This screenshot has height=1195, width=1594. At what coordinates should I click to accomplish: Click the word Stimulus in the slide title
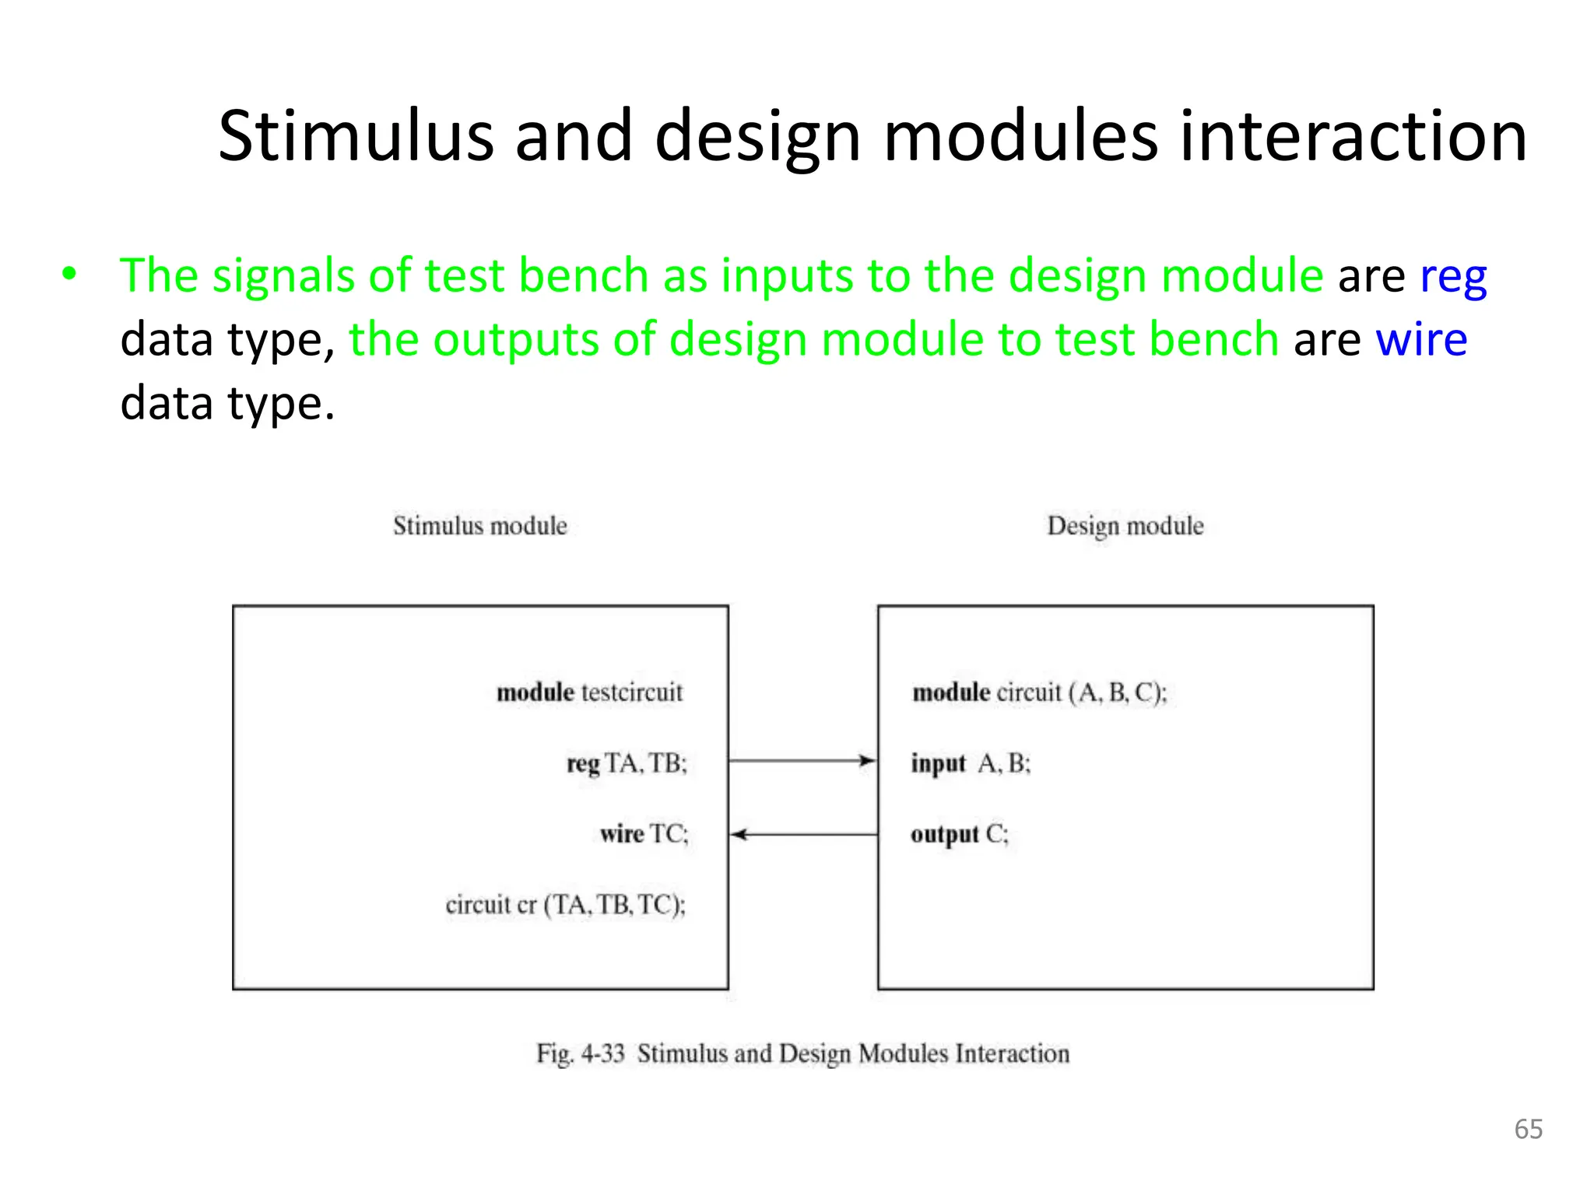click(356, 137)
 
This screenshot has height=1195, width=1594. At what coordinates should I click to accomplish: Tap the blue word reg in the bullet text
click(1453, 278)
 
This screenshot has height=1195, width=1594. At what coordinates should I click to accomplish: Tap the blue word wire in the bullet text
click(1421, 340)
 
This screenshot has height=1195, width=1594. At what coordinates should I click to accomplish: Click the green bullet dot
click(70, 274)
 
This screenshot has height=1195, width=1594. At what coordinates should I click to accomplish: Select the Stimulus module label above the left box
click(479, 526)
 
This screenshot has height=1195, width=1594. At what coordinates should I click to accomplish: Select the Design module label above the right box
click(1125, 526)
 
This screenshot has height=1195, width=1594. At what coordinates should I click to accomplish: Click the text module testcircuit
click(589, 692)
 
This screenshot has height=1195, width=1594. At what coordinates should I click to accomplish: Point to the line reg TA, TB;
click(627, 763)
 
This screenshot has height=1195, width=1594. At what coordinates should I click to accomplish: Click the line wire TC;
click(644, 834)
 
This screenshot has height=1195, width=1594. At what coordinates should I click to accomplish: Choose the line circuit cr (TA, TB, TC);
click(566, 905)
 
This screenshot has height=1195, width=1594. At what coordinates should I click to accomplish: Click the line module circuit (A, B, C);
click(1039, 692)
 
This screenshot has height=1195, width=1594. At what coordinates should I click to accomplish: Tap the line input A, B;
click(971, 763)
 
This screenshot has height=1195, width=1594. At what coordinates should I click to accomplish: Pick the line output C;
click(959, 834)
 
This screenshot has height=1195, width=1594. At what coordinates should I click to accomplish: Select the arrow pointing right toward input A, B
click(802, 760)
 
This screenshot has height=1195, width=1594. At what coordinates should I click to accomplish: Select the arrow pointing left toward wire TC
click(803, 835)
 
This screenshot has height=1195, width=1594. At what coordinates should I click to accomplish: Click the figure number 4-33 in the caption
click(602, 1053)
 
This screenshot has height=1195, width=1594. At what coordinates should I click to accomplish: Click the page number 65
click(1528, 1129)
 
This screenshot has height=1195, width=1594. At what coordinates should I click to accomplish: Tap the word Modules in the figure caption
click(904, 1053)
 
